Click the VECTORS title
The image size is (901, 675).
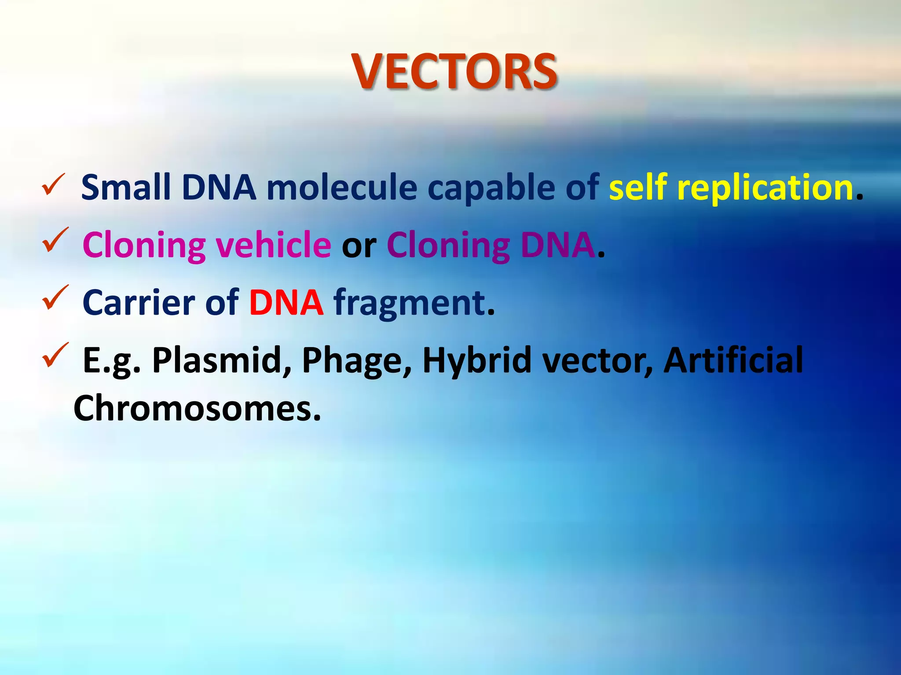point(455,72)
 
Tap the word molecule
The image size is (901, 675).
point(342,188)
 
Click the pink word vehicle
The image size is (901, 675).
point(273,245)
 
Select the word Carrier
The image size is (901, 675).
point(139,303)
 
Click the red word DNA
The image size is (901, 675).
point(286,303)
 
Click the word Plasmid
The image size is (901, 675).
point(221,360)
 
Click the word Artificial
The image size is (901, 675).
point(733,360)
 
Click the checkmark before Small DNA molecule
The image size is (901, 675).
point(54,185)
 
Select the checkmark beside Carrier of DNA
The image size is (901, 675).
point(55,298)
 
